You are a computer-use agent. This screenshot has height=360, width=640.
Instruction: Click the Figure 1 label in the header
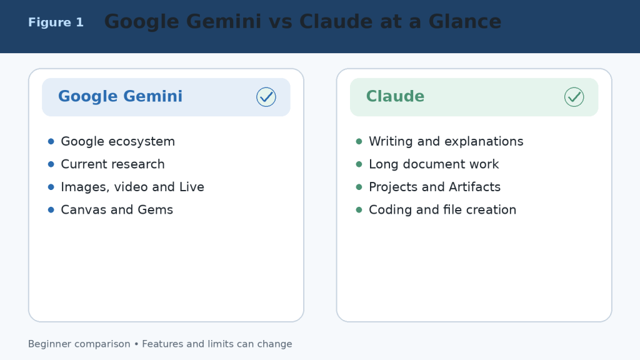[x=56, y=22]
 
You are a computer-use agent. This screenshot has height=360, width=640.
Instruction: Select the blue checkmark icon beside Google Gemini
[x=266, y=97]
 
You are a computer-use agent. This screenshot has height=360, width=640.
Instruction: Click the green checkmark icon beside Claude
[x=574, y=97]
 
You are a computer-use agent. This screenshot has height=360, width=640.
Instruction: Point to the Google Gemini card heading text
[x=121, y=96]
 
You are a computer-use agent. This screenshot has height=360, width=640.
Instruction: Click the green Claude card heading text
[x=395, y=96]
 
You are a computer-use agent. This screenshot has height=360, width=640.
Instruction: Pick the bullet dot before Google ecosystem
[x=51, y=141]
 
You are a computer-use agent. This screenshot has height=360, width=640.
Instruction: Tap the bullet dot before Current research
[x=51, y=164]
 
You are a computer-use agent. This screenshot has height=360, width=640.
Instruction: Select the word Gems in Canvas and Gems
[x=156, y=210]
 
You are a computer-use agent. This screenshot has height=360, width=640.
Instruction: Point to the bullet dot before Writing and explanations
[x=359, y=141]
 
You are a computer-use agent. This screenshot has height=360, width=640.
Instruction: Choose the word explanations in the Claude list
[x=484, y=142]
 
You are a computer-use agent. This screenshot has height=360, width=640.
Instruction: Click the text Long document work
[x=434, y=164]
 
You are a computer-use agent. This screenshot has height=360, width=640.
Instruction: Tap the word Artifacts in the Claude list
[x=474, y=187]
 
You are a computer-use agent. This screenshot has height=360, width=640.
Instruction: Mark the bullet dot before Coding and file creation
[x=359, y=210]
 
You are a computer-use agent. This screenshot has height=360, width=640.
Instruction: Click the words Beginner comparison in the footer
[x=79, y=344]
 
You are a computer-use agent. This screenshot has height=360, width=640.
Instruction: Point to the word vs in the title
[x=281, y=22]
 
